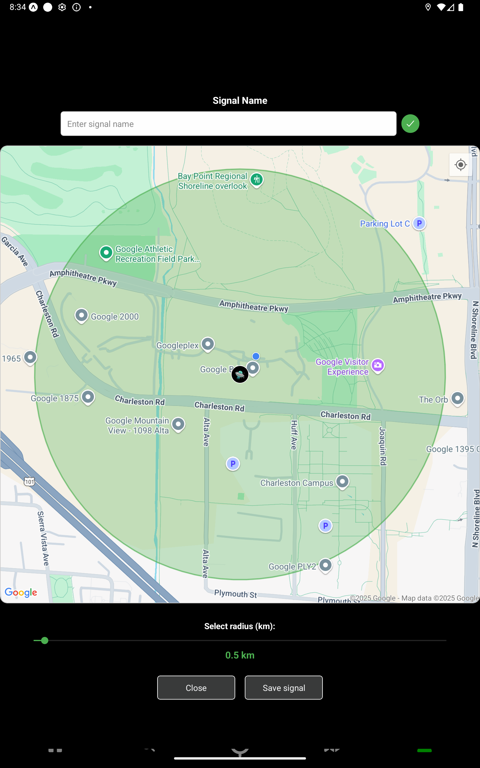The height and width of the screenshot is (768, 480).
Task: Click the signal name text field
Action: [x=228, y=124]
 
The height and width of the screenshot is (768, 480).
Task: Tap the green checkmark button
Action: [x=410, y=124]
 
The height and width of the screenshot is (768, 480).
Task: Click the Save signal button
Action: [x=283, y=688]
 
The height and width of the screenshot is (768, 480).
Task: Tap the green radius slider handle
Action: [x=45, y=640]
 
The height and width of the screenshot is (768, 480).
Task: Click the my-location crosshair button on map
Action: [x=460, y=165]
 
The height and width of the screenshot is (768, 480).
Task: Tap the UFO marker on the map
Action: [x=240, y=374]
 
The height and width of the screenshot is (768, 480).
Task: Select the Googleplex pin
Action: [x=208, y=344]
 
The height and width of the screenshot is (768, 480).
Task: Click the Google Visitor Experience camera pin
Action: [x=378, y=365]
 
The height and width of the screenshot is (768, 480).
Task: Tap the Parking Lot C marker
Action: [x=419, y=223]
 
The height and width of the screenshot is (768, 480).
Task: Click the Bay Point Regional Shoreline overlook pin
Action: [x=256, y=180]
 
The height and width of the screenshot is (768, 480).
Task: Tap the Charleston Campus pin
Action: [x=342, y=481]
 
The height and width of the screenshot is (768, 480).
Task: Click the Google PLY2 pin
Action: [x=325, y=565]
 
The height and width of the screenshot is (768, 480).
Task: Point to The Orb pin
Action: [x=457, y=398]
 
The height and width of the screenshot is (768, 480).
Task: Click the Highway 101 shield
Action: [x=29, y=482]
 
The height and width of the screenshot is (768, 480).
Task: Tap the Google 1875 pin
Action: [x=88, y=397]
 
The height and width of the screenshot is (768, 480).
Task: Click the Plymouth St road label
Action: [x=235, y=594]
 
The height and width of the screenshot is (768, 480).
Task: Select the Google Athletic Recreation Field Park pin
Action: [x=106, y=253]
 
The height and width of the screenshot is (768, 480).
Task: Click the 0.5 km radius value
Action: [x=240, y=655]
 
